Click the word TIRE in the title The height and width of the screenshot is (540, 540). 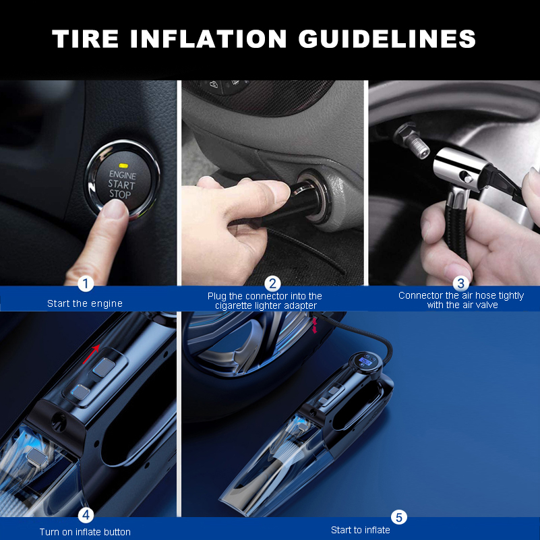pyautogui.click(x=86, y=38)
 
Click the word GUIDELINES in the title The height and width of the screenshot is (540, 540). pyautogui.click(x=387, y=38)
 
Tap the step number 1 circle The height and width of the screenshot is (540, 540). pyautogui.click(x=85, y=284)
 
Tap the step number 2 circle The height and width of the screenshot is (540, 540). pyautogui.click(x=272, y=284)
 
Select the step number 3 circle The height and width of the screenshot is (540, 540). pyautogui.click(x=460, y=284)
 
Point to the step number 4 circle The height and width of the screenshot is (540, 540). pyautogui.click(x=85, y=516)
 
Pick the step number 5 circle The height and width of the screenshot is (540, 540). pyautogui.click(x=399, y=517)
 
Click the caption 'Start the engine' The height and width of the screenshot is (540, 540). pyautogui.click(x=85, y=303)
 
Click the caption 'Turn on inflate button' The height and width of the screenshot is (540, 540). pyautogui.click(x=85, y=532)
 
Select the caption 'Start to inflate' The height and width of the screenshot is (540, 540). pyautogui.click(x=360, y=530)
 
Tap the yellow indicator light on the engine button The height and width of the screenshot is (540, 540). pyautogui.click(x=122, y=165)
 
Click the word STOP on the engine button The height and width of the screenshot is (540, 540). pyautogui.click(x=121, y=194)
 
